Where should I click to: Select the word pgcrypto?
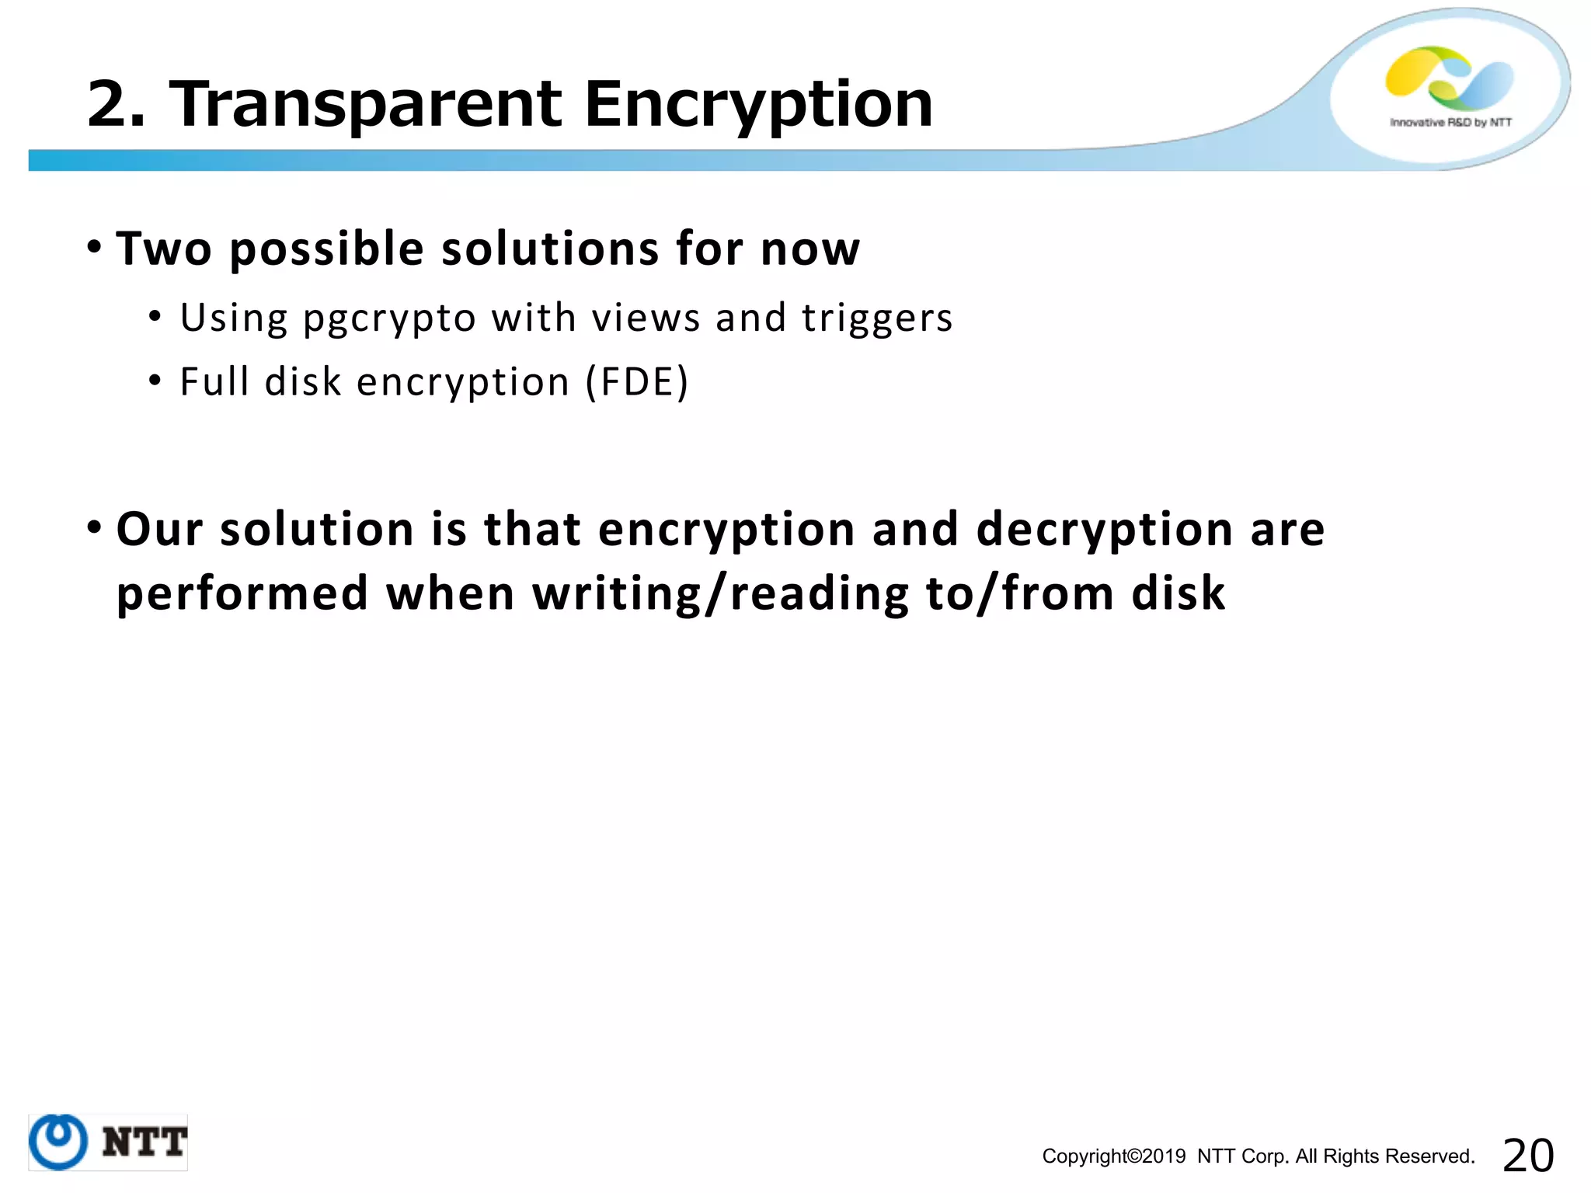[389, 318]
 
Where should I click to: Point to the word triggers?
[877, 318]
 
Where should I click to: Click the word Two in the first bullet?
[164, 249]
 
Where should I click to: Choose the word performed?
[242, 594]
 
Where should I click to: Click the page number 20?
[1528, 1155]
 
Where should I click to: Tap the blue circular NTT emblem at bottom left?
[58, 1142]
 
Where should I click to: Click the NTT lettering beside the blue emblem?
[144, 1143]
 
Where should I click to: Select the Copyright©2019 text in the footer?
[1114, 1156]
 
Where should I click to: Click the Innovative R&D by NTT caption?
[1450, 123]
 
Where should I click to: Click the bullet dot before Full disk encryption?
[155, 381]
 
